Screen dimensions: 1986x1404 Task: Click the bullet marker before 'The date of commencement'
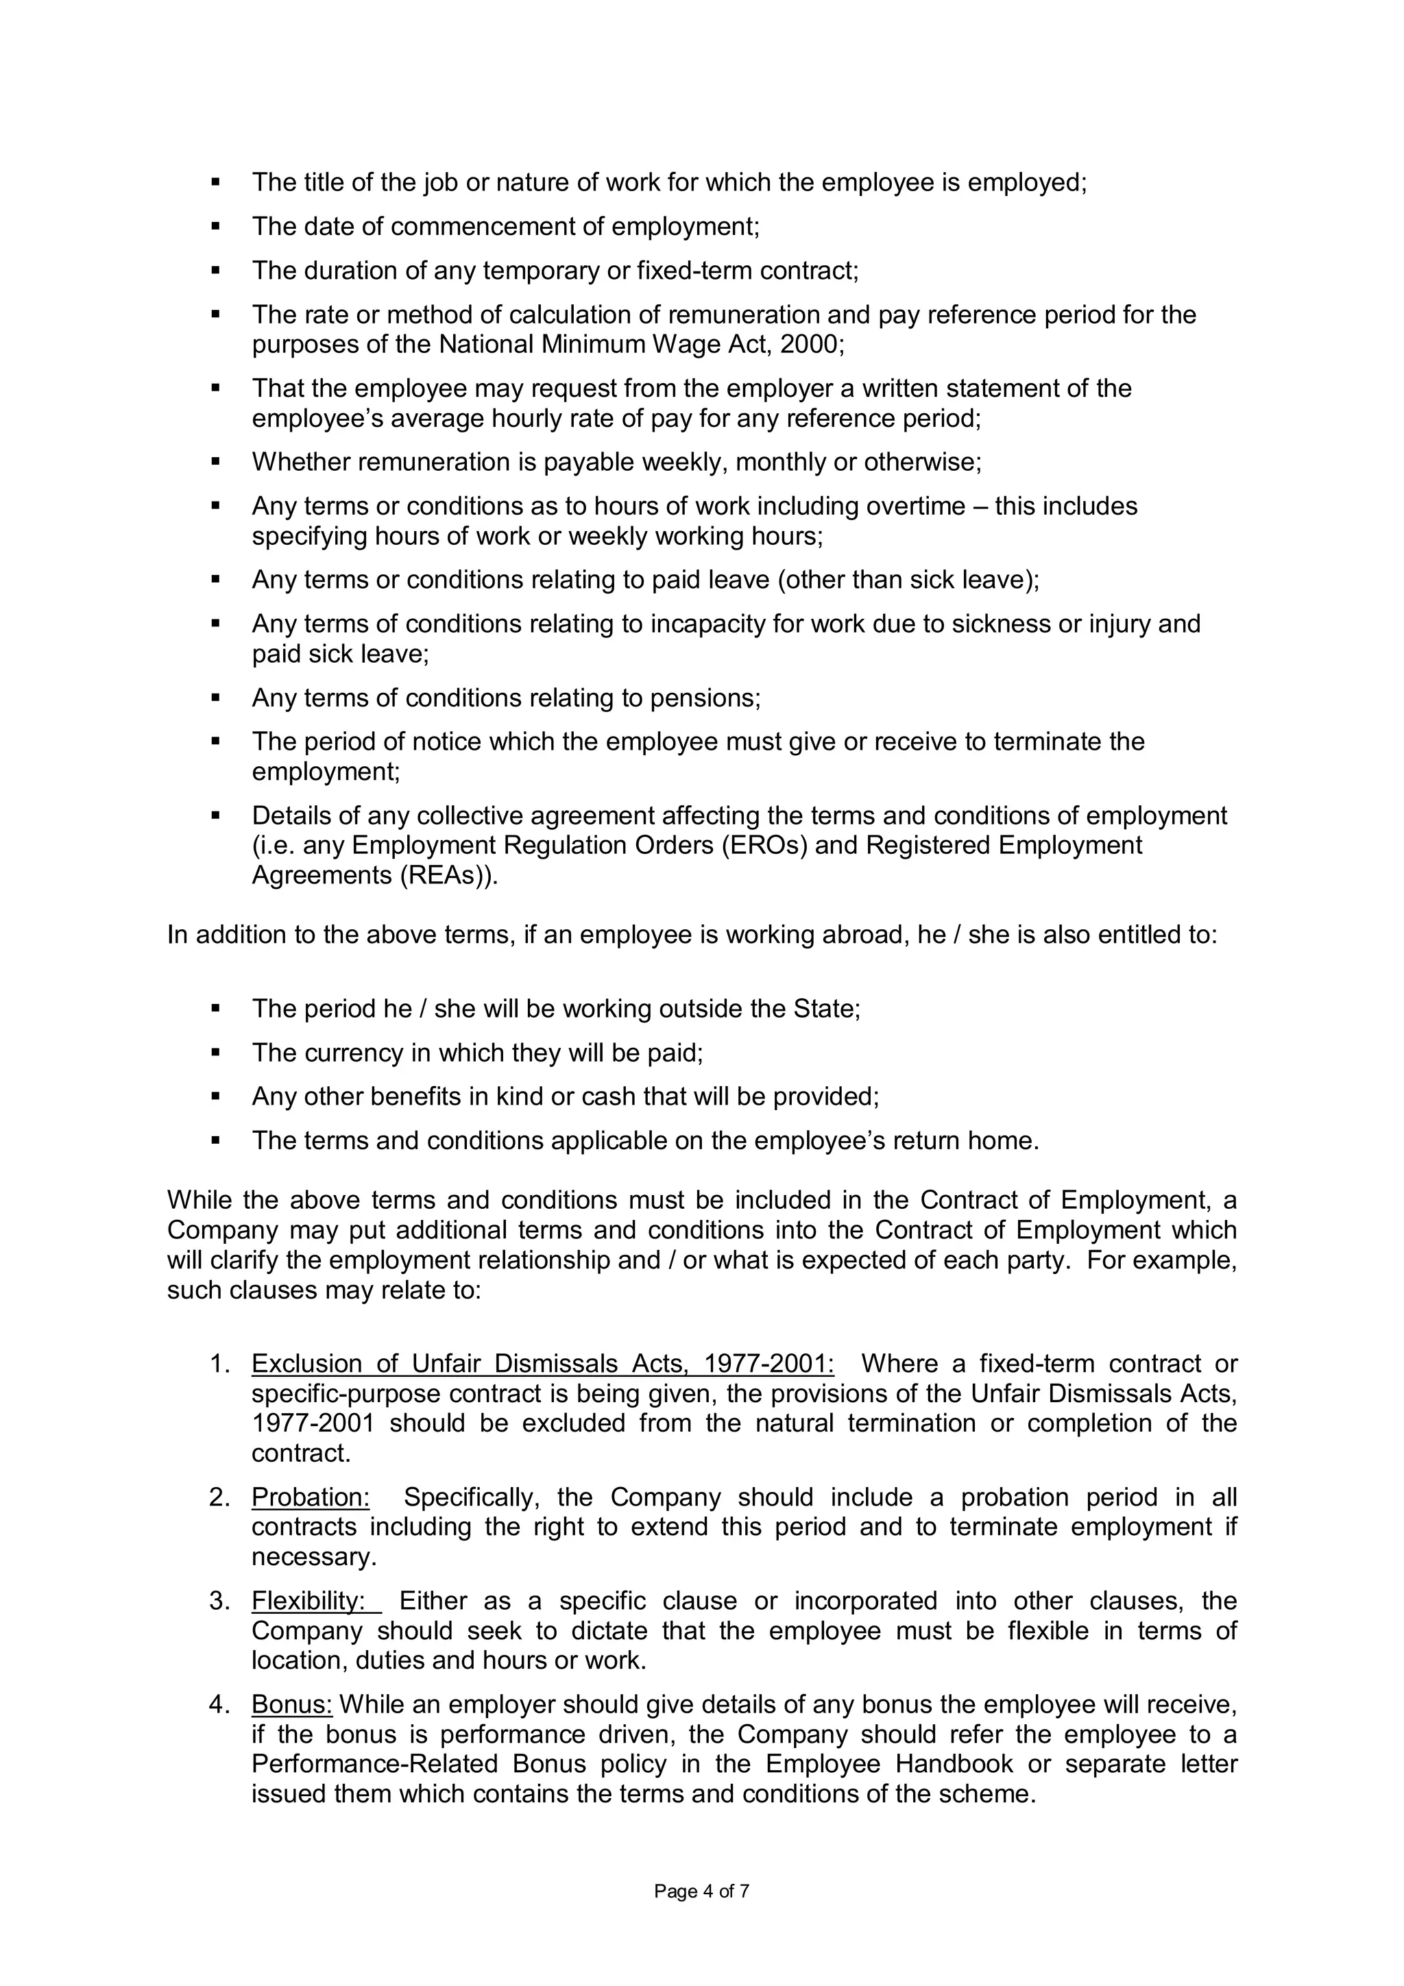tap(216, 227)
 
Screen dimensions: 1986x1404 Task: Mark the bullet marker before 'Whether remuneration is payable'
tap(216, 463)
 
